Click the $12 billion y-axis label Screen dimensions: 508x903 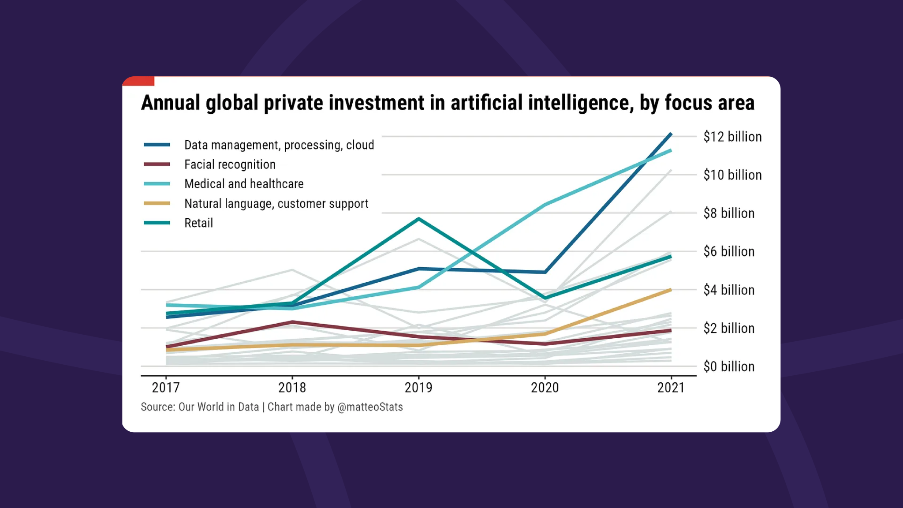pyautogui.click(x=732, y=137)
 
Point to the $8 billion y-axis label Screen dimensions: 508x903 pyautogui.click(x=729, y=213)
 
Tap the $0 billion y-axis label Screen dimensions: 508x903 pyautogui.click(x=729, y=366)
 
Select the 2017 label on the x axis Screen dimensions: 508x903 pyautogui.click(x=166, y=388)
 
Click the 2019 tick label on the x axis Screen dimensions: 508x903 pyautogui.click(x=418, y=388)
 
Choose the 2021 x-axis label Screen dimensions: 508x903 pyautogui.click(x=671, y=388)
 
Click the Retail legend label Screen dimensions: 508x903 pyautogui.click(x=198, y=223)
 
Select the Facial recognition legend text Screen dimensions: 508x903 pyautogui.click(x=230, y=164)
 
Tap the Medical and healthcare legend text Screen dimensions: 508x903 pyautogui.click(x=244, y=184)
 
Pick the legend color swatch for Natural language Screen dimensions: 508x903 pyautogui.click(x=157, y=203)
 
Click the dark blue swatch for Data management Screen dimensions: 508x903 pyautogui.click(x=157, y=145)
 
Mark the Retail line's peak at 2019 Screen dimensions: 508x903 pyautogui.click(x=418, y=219)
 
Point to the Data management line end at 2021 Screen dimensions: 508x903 pyautogui.click(x=671, y=134)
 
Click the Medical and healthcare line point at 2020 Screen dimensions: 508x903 pyautogui.click(x=545, y=205)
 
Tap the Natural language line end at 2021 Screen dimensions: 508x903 pyautogui.click(x=671, y=290)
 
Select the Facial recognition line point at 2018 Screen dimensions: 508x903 pyautogui.click(x=292, y=322)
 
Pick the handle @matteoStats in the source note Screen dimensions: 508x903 pyautogui.click(x=370, y=407)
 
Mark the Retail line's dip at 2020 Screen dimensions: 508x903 pyautogui.click(x=545, y=298)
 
